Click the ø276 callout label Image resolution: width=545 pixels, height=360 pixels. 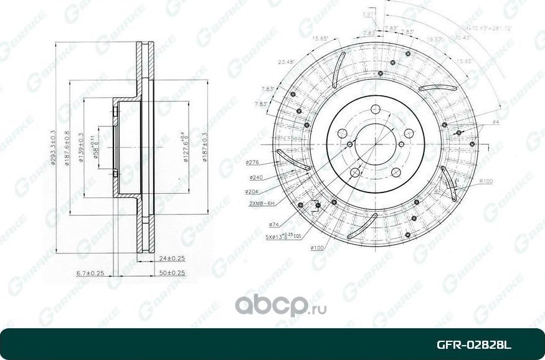tap(252, 162)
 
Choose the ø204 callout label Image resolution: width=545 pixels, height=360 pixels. tap(252, 191)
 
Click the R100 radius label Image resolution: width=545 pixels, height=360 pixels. tap(486, 181)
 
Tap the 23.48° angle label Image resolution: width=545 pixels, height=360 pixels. tap(287, 62)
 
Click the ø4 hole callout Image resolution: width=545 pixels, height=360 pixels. tap(496, 121)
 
